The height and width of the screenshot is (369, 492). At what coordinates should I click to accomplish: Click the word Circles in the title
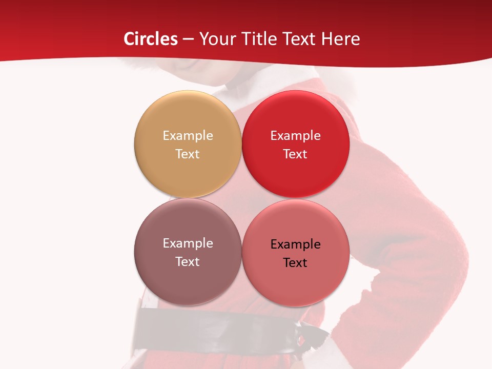(151, 39)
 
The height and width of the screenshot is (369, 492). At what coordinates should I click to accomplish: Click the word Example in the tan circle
(188, 135)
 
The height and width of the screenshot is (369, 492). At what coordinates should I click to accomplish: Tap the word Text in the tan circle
(188, 154)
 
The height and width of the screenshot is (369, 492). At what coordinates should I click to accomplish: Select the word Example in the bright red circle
(295, 135)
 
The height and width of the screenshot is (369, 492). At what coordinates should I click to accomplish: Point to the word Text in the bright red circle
(295, 154)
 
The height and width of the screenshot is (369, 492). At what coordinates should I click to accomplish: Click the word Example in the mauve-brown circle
(188, 243)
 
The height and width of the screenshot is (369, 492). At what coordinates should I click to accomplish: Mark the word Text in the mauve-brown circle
(188, 261)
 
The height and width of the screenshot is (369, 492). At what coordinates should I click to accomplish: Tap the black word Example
(295, 244)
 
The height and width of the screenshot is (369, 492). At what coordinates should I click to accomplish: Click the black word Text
(295, 262)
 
